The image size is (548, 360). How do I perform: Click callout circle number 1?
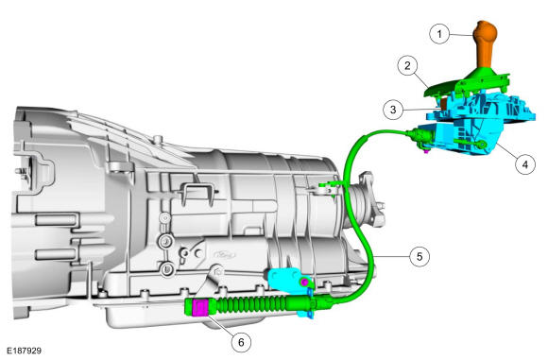pos(439,34)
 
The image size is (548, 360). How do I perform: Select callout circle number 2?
pos(407,66)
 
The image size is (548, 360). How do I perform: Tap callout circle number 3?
pos(393,110)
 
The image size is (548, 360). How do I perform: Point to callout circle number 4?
pos(525,163)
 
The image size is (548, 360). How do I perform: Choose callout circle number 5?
pos(420,257)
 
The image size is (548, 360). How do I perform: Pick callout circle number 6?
pos(241,341)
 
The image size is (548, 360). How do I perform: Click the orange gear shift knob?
pos(485,43)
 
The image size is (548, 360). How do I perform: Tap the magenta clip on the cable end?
pos(200,308)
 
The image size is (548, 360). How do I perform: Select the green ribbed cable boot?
pos(251,303)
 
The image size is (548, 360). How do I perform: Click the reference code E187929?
pos(24,351)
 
